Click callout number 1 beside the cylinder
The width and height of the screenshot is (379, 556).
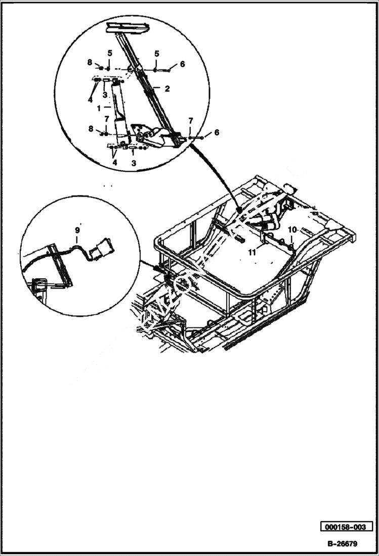tap(99, 107)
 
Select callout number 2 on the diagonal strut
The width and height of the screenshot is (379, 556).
tap(166, 88)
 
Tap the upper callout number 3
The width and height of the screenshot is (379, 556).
tap(104, 95)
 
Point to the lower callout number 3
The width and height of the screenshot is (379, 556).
tap(134, 163)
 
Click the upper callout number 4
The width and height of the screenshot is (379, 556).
tap(90, 100)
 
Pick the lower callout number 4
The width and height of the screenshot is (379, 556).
tap(115, 163)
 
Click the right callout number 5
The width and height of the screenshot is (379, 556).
tap(156, 53)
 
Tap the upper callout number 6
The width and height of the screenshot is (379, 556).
tap(182, 64)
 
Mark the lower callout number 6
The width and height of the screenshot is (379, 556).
tap(217, 132)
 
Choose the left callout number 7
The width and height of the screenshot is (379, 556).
tap(106, 119)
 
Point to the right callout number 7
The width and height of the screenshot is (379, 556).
tap(190, 121)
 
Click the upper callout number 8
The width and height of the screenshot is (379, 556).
tap(90, 62)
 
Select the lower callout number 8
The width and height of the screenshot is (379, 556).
tap(91, 129)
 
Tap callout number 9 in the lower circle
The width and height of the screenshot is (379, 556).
tap(77, 231)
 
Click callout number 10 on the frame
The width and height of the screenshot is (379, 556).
tap(292, 230)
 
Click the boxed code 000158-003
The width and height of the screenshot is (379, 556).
tap(346, 527)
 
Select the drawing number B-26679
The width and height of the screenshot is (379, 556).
tap(342, 544)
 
